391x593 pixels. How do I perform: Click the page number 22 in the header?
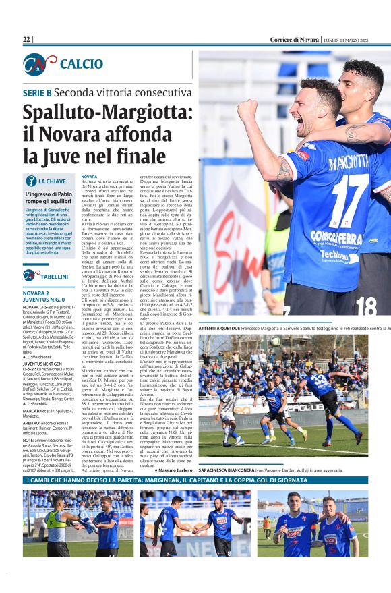(x=27, y=40)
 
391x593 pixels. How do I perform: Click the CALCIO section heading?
(x=82, y=64)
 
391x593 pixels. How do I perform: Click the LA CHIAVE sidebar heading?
(x=52, y=181)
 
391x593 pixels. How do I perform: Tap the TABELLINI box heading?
(x=54, y=276)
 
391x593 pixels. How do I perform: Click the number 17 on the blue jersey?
(x=342, y=194)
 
